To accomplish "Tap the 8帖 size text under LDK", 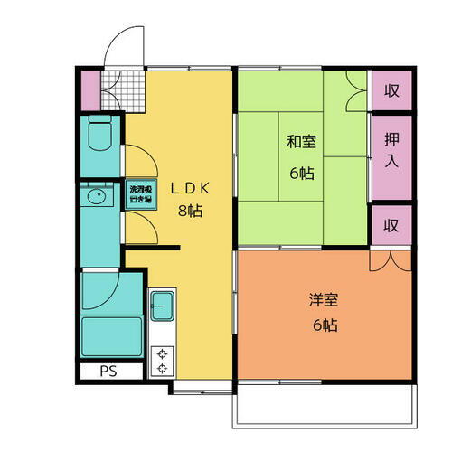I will click(189, 212).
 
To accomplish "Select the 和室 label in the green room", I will click(303, 142).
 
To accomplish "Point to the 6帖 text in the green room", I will click(302, 172).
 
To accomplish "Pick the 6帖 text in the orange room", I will click(325, 325).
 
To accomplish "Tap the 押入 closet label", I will click(391, 150).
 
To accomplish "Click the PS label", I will click(108, 369).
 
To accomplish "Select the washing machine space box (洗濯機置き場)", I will click(138, 193).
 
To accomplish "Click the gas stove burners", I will click(162, 361).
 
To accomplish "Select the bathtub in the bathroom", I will click(111, 337).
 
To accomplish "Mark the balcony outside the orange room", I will click(324, 403).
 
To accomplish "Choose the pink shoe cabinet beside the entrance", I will click(89, 87).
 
